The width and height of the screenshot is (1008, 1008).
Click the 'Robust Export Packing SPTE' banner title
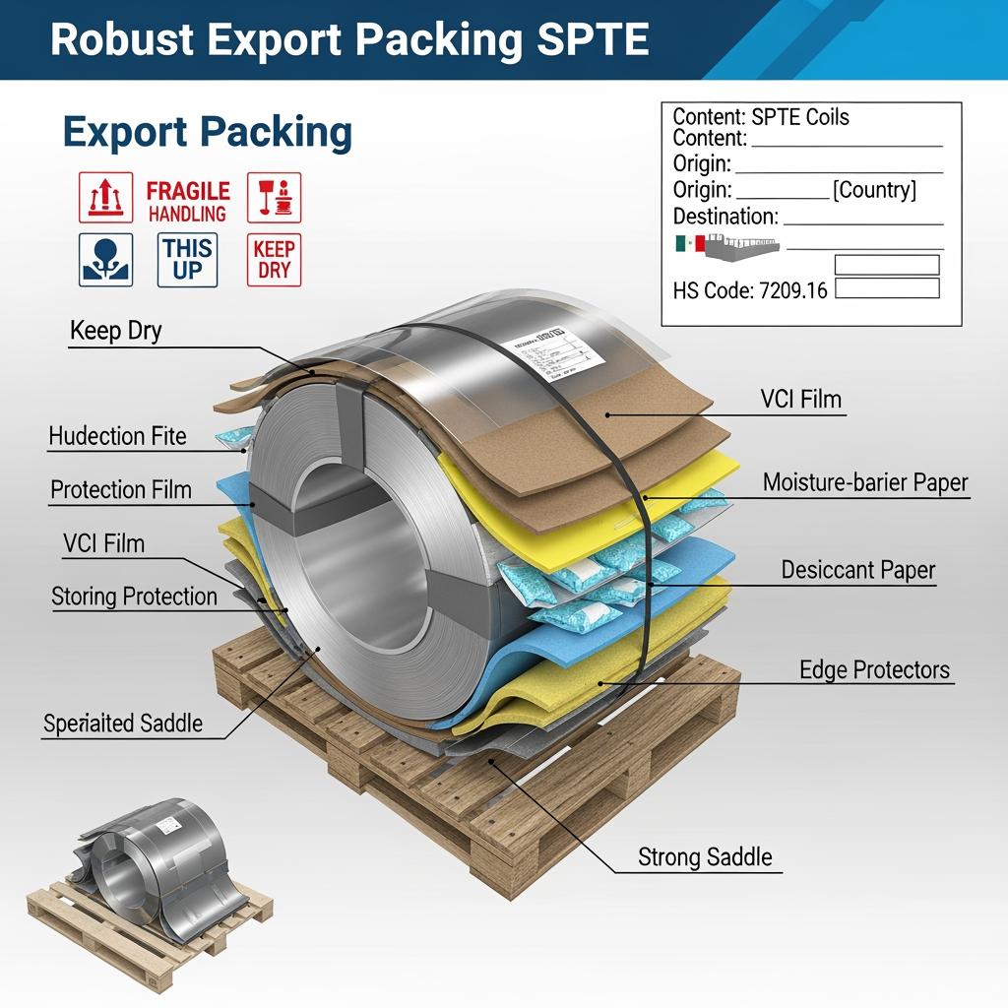click(349, 38)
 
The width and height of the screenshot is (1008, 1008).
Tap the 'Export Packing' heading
click(207, 133)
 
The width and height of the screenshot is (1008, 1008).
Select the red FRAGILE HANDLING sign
click(188, 200)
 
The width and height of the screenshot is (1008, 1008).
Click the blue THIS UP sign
click(187, 259)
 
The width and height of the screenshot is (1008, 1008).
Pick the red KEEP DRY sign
click(274, 259)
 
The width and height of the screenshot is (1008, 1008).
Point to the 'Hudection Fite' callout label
click(117, 435)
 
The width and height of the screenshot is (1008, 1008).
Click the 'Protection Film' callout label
click(121, 489)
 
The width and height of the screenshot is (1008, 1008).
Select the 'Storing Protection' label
click(134, 596)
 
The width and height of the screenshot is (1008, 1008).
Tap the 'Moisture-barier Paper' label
click(865, 482)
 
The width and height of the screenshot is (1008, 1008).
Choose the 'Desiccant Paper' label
click(858, 570)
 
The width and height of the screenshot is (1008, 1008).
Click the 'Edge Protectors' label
click(875, 670)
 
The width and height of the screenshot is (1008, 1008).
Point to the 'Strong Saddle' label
click(705, 856)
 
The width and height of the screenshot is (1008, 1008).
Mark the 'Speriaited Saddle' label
click(123, 724)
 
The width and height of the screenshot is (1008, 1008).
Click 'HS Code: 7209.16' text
click(750, 290)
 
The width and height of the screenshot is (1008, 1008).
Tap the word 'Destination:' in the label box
click(725, 217)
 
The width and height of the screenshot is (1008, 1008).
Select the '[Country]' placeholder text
click(874, 190)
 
